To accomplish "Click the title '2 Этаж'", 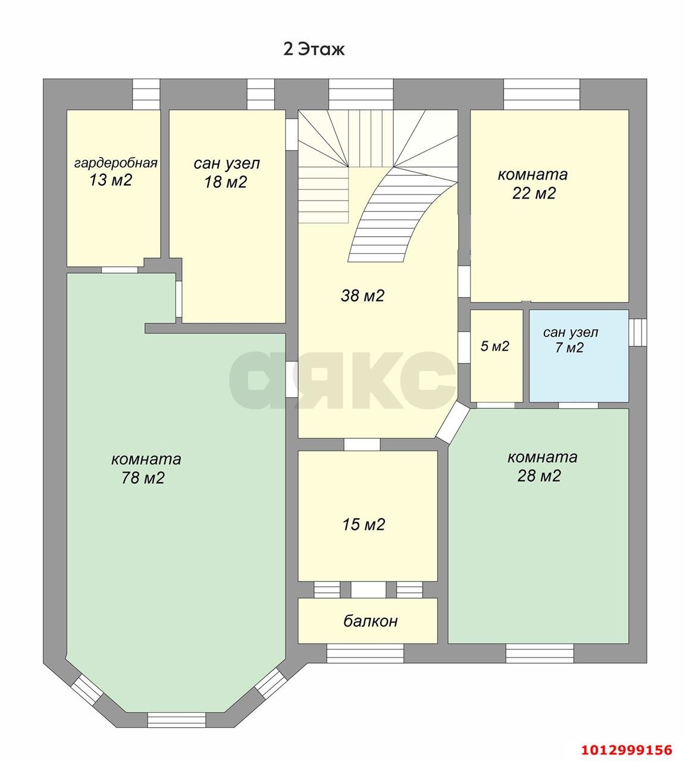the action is (314, 49).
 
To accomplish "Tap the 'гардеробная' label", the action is (116, 163).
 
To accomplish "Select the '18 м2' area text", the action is (225, 182).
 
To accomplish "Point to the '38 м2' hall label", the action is (362, 295).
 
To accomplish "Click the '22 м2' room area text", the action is (534, 193).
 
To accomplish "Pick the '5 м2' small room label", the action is (494, 346).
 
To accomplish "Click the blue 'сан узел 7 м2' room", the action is (578, 356).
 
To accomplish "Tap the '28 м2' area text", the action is (539, 476).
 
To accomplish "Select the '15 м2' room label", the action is (364, 524).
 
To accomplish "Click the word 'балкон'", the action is (371, 621).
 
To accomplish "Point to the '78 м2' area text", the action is (143, 477).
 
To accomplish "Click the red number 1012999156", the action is (627, 750).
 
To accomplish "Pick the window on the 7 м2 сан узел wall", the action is (637, 332).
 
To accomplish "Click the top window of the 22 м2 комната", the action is (542, 94).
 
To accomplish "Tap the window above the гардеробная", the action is (146, 94).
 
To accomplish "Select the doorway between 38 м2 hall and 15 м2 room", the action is (362, 445).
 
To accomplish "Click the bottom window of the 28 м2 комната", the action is (540, 653).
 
